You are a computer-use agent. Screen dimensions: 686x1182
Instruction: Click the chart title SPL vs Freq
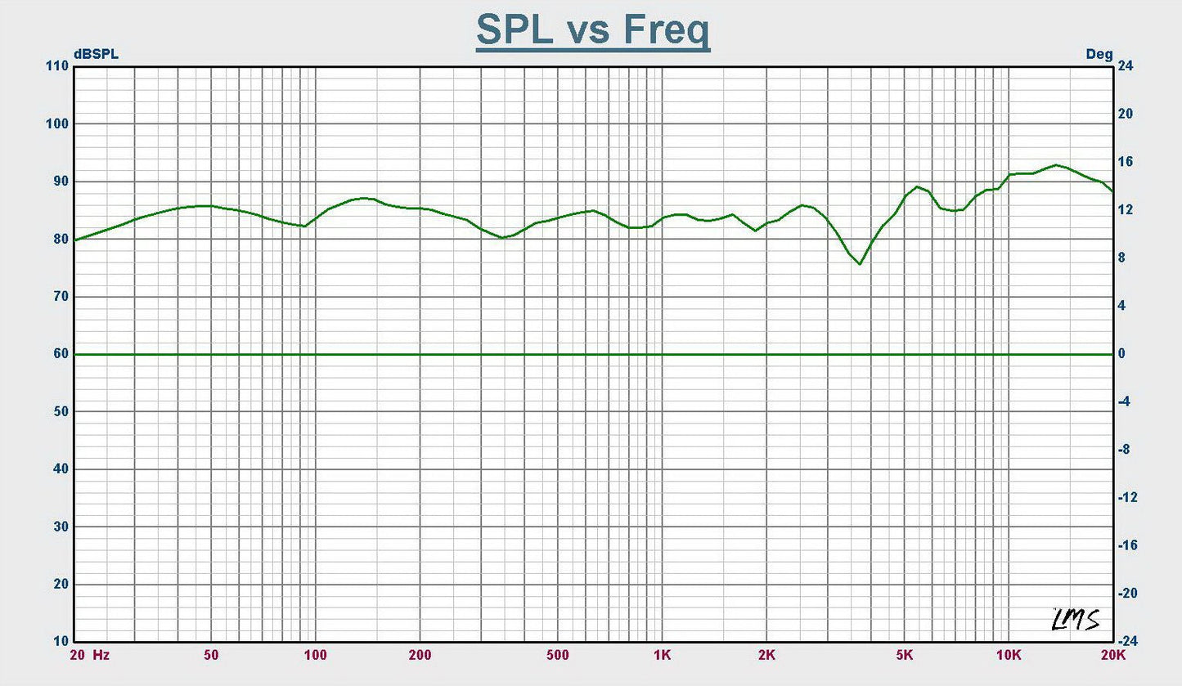pyautogui.click(x=592, y=32)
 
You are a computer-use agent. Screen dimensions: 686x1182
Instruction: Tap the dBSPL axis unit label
pyautogui.click(x=96, y=54)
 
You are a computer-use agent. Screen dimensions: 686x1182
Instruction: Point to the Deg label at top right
pyautogui.click(x=1099, y=54)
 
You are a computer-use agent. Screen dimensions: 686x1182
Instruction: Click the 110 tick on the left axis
pyautogui.click(x=58, y=66)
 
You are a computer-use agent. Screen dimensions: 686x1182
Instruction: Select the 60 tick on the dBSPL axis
pyautogui.click(x=61, y=354)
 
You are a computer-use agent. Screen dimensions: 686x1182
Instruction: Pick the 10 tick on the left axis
pyautogui.click(x=61, y=642)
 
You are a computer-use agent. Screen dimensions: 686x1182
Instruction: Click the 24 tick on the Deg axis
pyautogui.click(x=1126, y=66)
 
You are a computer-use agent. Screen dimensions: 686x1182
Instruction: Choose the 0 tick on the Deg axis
pyautogui.click(x=1122, y=354)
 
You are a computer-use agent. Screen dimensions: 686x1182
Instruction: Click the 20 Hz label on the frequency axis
pyautogui.click(x=90, y=655)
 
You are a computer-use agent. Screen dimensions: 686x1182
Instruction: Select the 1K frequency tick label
pyautogui.click(x=662, y=655)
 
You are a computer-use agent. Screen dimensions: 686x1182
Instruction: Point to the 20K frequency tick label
pyautogui.click(x=1112, y=655)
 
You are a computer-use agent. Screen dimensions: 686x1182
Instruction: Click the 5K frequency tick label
pyautogui.click(x=904, y=655)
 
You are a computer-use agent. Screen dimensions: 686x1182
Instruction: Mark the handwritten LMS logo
pyautogui.click(x=1076, y=619)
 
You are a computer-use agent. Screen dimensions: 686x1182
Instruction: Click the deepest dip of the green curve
pyautogui.click(x=860, y=264)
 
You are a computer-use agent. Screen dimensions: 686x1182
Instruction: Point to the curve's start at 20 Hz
pyautogui.click(x=75, y=240)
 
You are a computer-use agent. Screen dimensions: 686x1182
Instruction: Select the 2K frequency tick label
pyautogui.click(x=766, y=655)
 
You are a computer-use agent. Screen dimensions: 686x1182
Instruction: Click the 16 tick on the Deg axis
pyautogui.click(x=1126, y=162)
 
